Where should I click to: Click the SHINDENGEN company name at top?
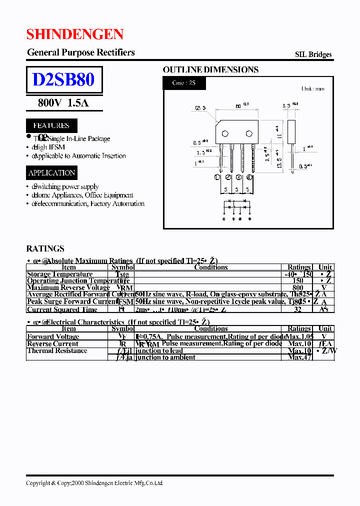[75, 34]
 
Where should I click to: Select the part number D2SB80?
[63, 80]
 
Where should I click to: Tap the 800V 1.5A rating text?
[63, 103]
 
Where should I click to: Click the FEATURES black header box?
[51, 125]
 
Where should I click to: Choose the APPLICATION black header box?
[52, 173]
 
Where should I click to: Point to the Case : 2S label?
[184, 83]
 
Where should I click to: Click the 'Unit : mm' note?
[312, 89]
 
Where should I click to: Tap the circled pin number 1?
[217, 177]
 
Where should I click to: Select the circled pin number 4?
[249, 177]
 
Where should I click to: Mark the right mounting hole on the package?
[248, 133]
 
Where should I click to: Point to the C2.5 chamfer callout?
[200, 107]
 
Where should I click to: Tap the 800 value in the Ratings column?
[297, 287]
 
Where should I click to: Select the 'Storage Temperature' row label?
[60, 274]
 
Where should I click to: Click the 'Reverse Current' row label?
[53, 343]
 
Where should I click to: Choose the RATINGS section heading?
[45, 248]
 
